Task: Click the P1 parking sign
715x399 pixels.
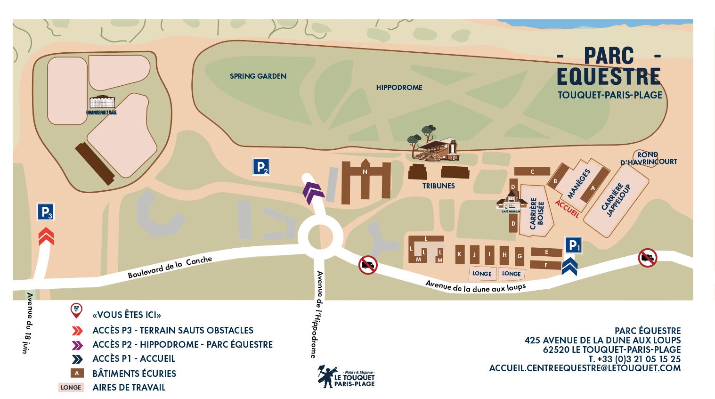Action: click(x=573, y=245)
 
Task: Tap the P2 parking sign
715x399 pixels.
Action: click(x=261, y=167)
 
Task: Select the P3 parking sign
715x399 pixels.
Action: click(x=46, y=212)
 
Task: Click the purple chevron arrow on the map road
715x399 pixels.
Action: click(x=313, y=192)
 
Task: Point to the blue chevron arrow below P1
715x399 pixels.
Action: click(x=569, y=266)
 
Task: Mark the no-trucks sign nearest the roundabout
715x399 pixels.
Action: click(x=368, y=265)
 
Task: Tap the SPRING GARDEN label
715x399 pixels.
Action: click(x=258, y=76)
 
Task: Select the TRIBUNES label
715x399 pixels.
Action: click(x=438, y=186)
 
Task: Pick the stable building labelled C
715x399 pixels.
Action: click(x=532, y=171)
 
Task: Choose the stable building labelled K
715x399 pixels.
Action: click(x=460, y=254)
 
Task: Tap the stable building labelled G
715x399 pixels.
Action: click(x=520, y=256)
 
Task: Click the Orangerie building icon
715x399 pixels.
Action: click(x=102, y=103)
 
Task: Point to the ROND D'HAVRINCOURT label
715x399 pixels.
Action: click(x=649, y=158)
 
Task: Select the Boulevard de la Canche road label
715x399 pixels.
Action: click(x=170, y=267)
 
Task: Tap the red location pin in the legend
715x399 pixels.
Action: click(x=76, y=310)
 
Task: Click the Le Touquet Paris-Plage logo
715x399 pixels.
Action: click(x=346, y=376)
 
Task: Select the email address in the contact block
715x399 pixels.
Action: click(x=585, y=368)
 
